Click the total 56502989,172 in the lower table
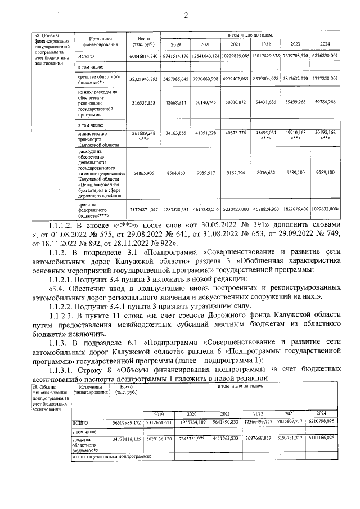coord(126,421)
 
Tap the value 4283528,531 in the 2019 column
coord(175,210)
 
